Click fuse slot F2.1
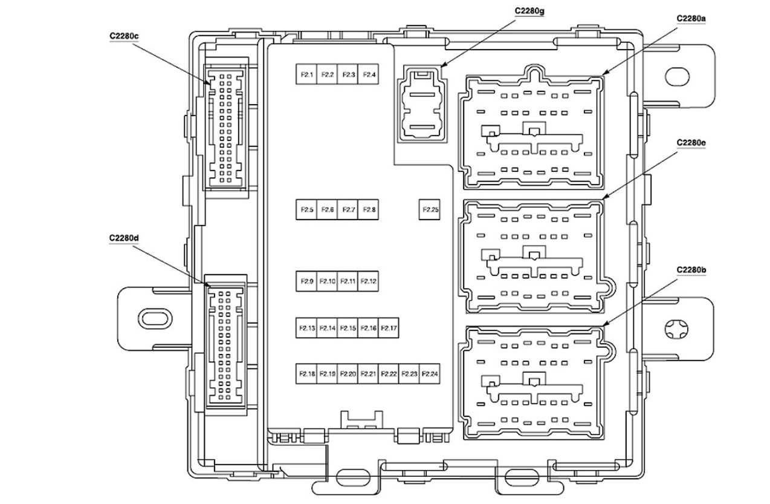click(x=306, y=74)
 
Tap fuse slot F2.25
click(x=430, y=209)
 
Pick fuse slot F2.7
click(x=349, y=209)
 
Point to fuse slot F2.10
click(x=328, y=281)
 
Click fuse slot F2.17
click(x=390, y=328)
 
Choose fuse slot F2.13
click(x=306, y=328)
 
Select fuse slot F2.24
click(x=430, y=374)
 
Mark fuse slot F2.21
click(x=369, y=374)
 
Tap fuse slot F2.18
click(x=306, y=374)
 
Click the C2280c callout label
click(x=124, y=36)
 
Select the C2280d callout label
click(x=124, y=238)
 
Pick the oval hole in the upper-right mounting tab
click(x=677, y=76)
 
